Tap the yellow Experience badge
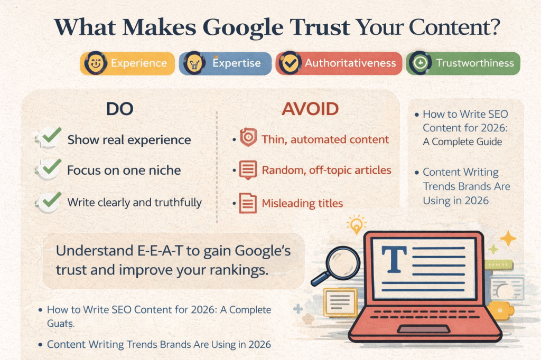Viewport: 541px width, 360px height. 127,63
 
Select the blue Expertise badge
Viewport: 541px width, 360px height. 225,63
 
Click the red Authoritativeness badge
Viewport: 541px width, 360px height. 339,63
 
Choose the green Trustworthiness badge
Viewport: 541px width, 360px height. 463,63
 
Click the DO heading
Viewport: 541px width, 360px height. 120,109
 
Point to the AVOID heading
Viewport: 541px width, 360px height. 310,109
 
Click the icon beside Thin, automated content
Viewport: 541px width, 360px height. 248,137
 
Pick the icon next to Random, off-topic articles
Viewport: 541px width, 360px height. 248,170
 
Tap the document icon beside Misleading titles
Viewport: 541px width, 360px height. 248,203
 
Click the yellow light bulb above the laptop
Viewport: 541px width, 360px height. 356,224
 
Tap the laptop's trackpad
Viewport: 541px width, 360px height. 424,329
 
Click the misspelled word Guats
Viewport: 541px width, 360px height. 60,324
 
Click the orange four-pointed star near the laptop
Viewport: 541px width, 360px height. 508,238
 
